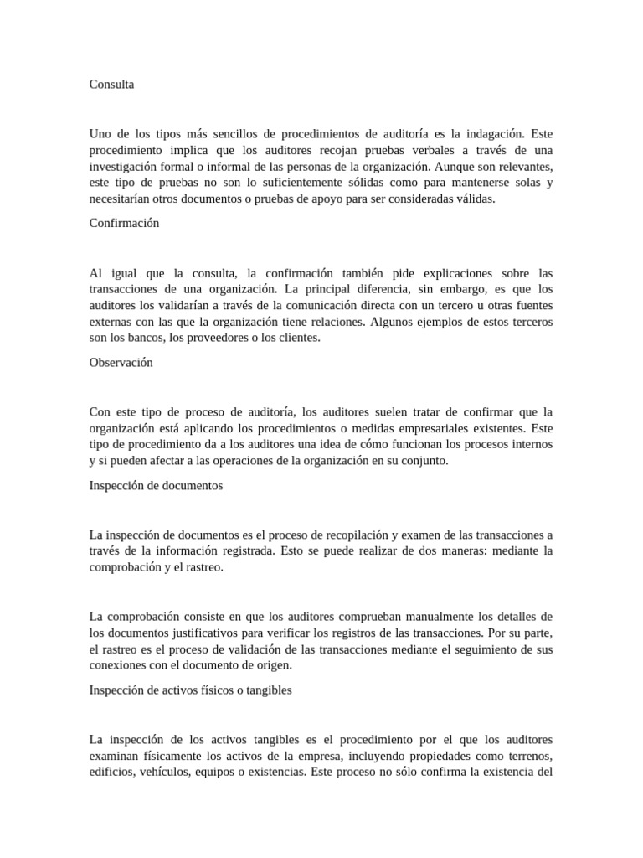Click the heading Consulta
(x=111, y=84)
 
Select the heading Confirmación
(x=124, y=224)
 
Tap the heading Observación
(x=121, y=363)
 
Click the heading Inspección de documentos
(x=156, y=485)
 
